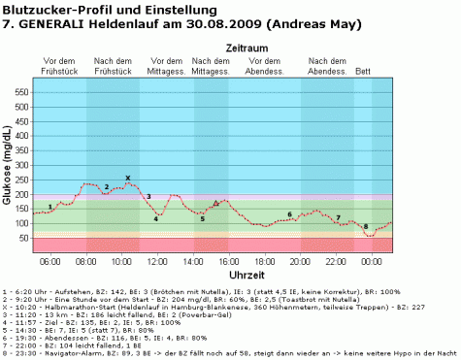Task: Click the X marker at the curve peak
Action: [x=128, y=178]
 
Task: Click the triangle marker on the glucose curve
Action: [x=216, y=204]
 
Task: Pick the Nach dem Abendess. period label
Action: [x=328, y=65]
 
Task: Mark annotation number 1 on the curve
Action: [x=49, y=207]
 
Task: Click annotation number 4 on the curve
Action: [x=155, y=218]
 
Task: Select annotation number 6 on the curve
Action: [x=289, y=213]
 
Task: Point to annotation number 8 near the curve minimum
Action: [x=366, y=226]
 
